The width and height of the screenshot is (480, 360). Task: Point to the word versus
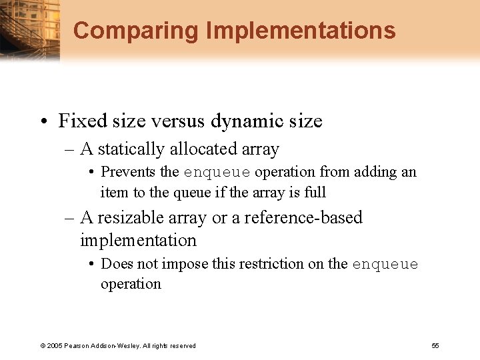coord(175,121)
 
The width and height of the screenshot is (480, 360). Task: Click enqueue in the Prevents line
coord(217,173)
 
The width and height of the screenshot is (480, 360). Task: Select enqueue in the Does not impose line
coord(385,265)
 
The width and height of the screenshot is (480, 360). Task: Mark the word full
coord(314,192)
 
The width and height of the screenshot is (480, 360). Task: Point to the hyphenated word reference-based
coord(304,217)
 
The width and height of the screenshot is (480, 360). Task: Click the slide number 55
coord(435,345)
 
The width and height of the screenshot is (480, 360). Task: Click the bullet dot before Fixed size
coord(44,121)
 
